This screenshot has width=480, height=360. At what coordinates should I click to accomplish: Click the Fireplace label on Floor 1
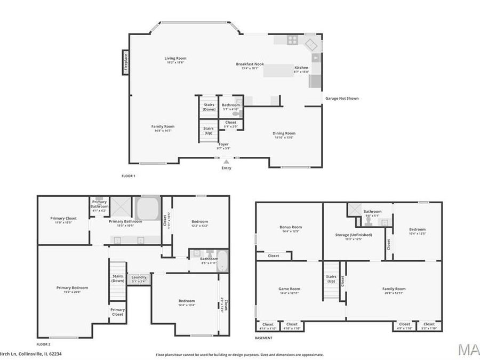pos(126,62)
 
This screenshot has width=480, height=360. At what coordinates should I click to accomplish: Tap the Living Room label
pos(175,60)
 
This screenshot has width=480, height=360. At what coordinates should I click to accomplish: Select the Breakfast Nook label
pos(250,66)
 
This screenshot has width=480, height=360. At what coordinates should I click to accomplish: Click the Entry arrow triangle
pos(227,161)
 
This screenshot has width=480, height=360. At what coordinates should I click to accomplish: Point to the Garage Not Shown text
pos(342,98)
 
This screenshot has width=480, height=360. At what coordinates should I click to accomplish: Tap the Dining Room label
pos(284,135)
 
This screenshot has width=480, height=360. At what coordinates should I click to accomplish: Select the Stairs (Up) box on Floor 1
pos(209,131)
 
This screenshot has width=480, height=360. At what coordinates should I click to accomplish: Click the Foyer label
pos(224,146)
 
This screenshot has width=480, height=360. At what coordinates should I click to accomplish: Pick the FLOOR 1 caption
pos(129,175)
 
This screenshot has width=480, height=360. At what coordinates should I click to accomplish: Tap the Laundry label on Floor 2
pos(139,278)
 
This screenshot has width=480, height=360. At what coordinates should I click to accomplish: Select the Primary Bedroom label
pos(72,289)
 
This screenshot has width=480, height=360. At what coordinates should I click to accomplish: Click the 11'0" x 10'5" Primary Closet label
pos(64,220)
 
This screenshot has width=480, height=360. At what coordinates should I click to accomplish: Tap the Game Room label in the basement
pos(290,290)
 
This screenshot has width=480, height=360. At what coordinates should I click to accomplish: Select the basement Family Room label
pos(394,290)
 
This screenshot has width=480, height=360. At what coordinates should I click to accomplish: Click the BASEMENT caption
pos(264,338)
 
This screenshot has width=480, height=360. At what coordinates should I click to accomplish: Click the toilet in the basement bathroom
pos(369,221)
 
